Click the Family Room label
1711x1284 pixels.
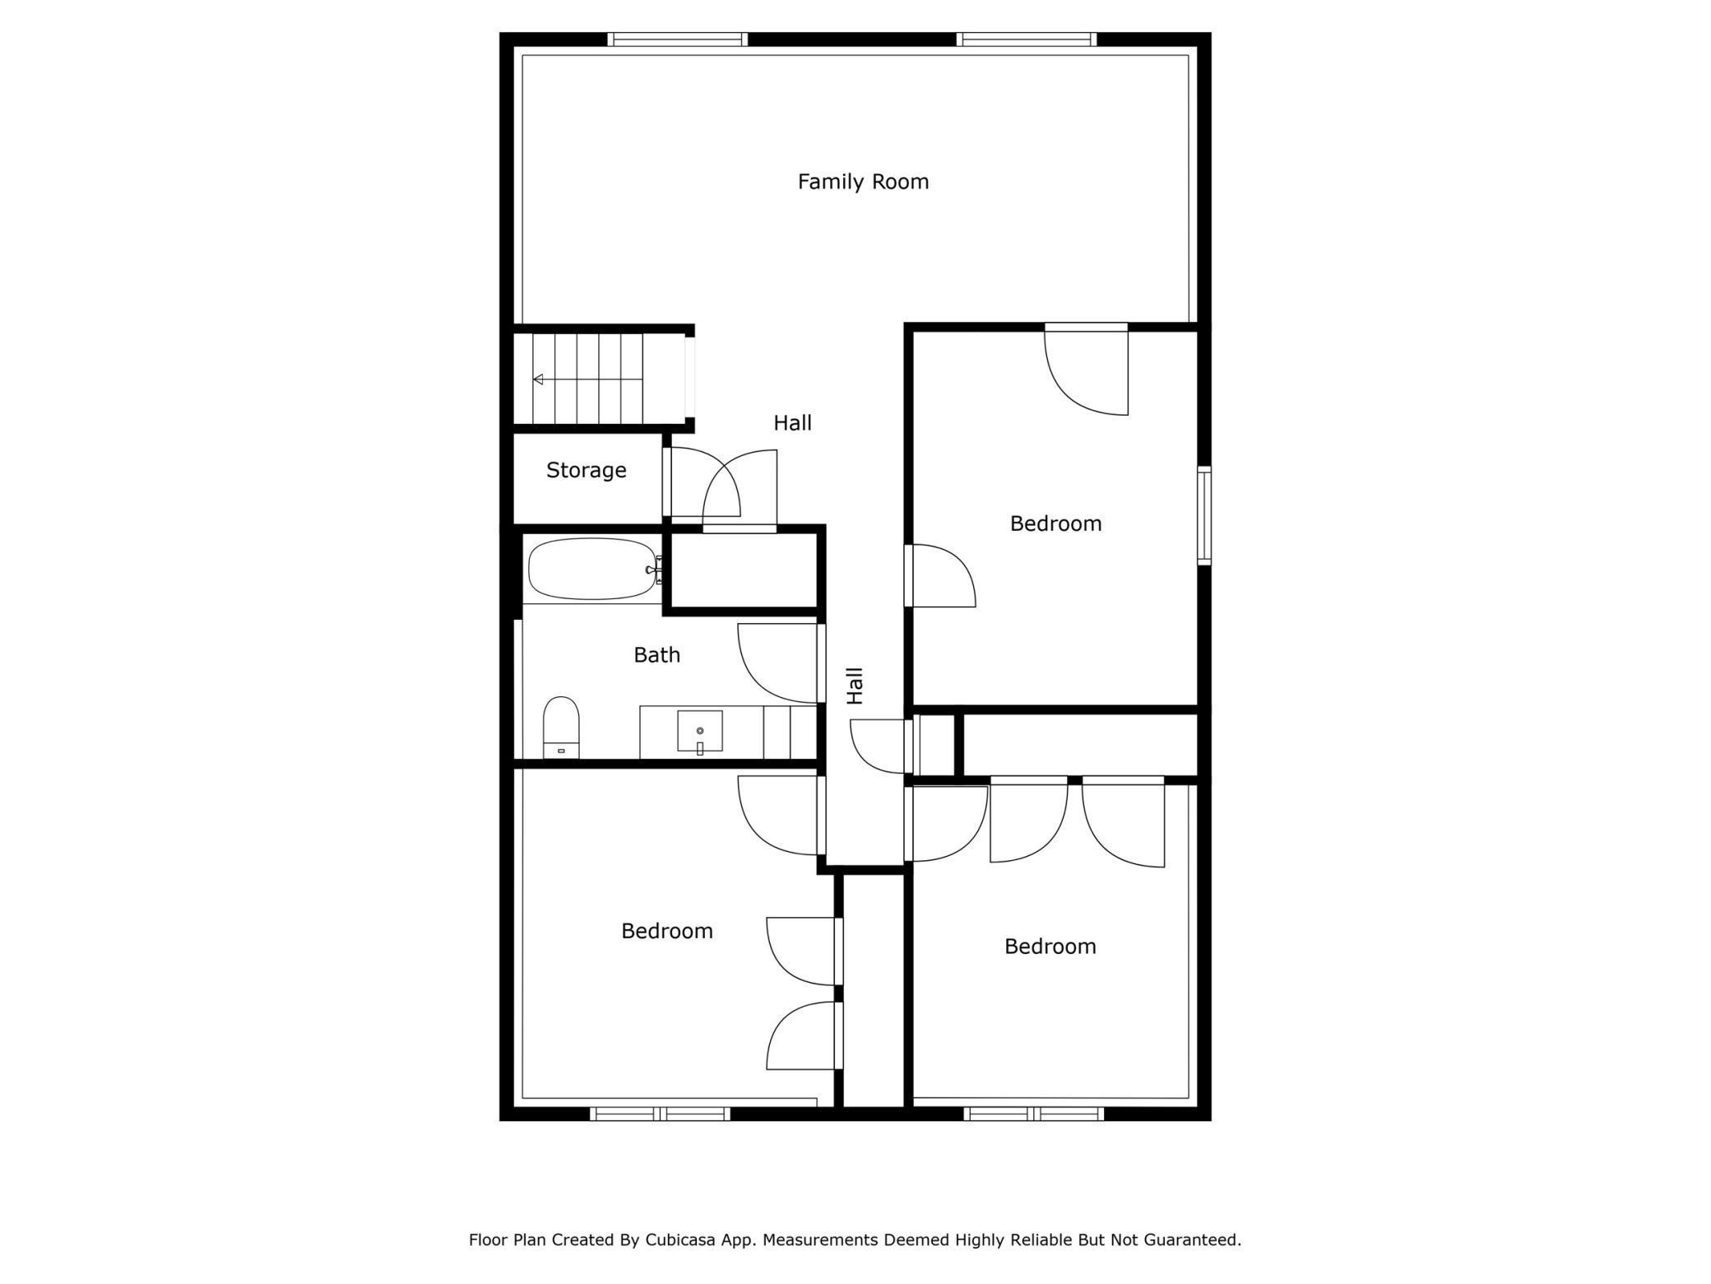(x=863, y=181)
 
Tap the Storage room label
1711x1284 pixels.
(x=586, y=470)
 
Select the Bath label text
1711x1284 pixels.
(x=656, y=654)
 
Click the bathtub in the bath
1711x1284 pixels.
(x=593, y=569)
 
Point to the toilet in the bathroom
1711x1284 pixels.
(x=561, y=727)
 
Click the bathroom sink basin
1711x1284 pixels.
(x=700, y=732)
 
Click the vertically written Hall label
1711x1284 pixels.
(x=855, y=686)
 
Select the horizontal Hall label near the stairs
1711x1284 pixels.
(x=792, y=423)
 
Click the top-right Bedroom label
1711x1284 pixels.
(x=1055, y=523)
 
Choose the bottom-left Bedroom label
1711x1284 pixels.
(x=666, y=931)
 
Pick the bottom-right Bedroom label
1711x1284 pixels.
(x=1050, y=947)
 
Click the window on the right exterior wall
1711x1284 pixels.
(x=1204, y=515)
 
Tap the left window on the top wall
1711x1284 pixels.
(x=678, y=39)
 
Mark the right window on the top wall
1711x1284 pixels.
(x=1027, y=39)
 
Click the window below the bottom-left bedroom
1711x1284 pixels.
(x=660, y=1114)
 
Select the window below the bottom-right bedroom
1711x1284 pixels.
(x=1033, y=1114)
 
